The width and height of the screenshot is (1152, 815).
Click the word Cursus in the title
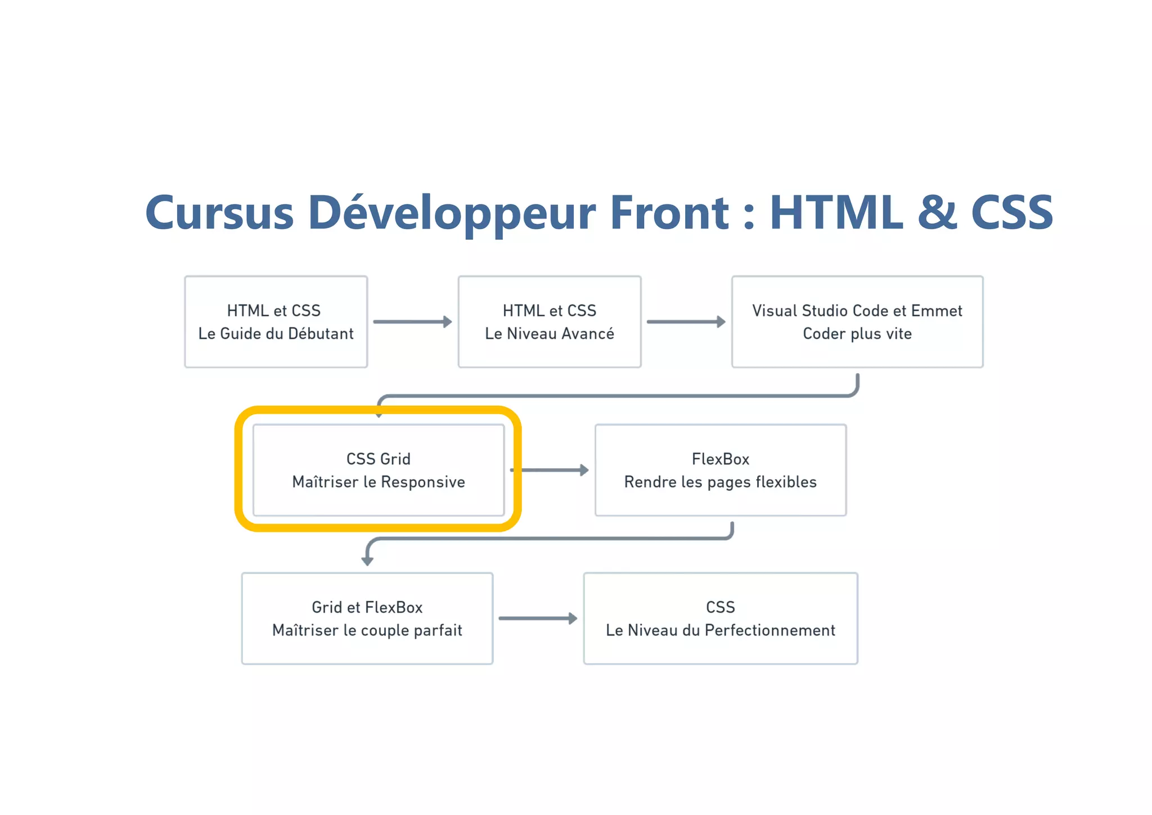click(219, 213)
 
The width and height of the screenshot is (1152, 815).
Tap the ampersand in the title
click(937, 213)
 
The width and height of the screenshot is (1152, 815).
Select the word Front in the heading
click(669, 213)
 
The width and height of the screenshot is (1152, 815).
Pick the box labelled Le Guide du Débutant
click(276, 322)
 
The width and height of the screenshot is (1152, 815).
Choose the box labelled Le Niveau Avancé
click(550, 322)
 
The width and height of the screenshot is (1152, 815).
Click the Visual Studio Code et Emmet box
click(857, 322)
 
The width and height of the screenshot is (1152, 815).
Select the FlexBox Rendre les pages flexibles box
click(720, 471)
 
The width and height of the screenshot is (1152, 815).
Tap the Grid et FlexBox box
click(367, 619)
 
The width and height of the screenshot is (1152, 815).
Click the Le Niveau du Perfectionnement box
click(720, 619)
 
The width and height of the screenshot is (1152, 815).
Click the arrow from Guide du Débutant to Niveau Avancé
click(412, 322)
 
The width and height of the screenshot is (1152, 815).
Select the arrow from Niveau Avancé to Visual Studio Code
click(686, 322)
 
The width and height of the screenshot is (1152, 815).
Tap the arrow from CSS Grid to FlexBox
click(551, 470)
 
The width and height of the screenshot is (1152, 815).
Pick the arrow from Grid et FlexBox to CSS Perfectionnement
click(538, 619)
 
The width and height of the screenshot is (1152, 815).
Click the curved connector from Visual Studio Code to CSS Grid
click(619, 396)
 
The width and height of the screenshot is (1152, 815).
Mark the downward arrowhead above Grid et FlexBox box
click(367, 561)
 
